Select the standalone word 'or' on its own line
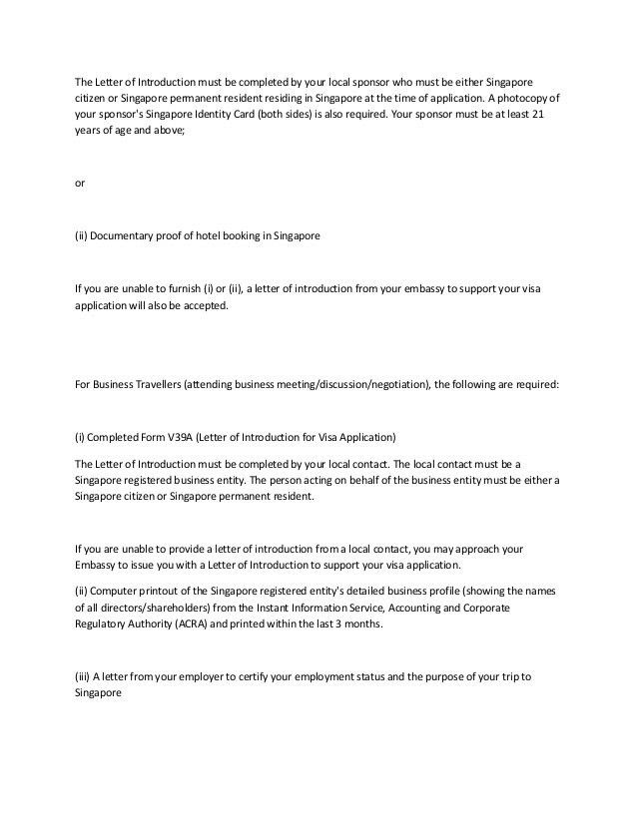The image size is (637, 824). point(80,182)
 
